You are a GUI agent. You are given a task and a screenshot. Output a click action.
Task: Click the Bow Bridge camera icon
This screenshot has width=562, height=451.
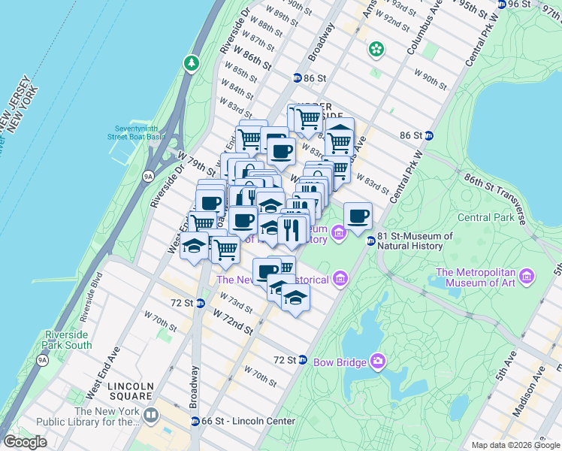pos(377,362)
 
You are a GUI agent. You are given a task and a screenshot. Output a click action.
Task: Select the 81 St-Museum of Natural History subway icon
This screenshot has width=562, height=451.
pos(370,241)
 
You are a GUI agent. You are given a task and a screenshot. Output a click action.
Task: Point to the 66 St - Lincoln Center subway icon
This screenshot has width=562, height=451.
pos(195,421)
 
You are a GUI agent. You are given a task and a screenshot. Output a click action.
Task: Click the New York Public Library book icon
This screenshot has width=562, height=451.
pos(151,415)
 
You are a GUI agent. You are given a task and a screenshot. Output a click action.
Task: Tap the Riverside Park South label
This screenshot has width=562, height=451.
pos(68,340)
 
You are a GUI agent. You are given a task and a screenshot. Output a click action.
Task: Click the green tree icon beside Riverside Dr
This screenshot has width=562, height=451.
pos(192,63)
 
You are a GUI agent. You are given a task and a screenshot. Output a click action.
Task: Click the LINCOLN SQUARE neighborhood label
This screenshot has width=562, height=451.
pos(131,392)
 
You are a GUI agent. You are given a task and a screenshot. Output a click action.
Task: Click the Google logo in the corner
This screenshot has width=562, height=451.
pos(25,442)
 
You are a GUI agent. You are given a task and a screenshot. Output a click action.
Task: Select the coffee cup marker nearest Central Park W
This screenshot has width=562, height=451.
pos(358,216)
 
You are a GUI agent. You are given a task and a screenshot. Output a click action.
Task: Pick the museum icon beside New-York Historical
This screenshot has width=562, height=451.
pos(340,279)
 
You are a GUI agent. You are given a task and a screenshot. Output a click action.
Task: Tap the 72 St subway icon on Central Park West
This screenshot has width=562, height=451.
pos(302,360)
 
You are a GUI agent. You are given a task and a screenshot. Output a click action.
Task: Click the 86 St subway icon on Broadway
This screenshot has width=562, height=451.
pos(297,78)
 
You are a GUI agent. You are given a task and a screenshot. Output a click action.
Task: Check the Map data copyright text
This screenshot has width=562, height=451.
pos(515,445)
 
